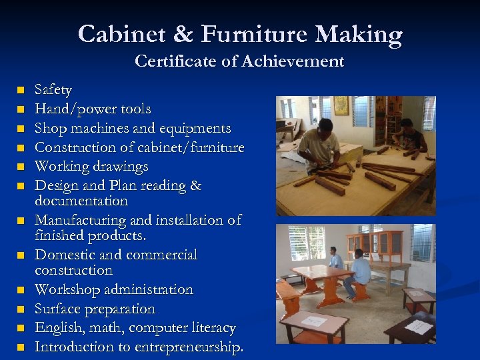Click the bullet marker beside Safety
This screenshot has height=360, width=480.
click(x=21, y=89)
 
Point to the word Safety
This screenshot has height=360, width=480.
click(x=53, y=89)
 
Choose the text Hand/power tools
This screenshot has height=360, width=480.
click(x=93, y=109)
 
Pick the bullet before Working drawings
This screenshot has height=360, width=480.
click(x=21, y=166)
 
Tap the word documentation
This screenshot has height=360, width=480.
click(x=81, y=201)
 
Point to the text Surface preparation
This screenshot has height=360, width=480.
click(x=95, y=309)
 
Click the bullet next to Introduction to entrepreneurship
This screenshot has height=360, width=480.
click(x=21, y=347)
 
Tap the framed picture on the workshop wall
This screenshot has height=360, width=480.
click(x=341, y=105)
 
